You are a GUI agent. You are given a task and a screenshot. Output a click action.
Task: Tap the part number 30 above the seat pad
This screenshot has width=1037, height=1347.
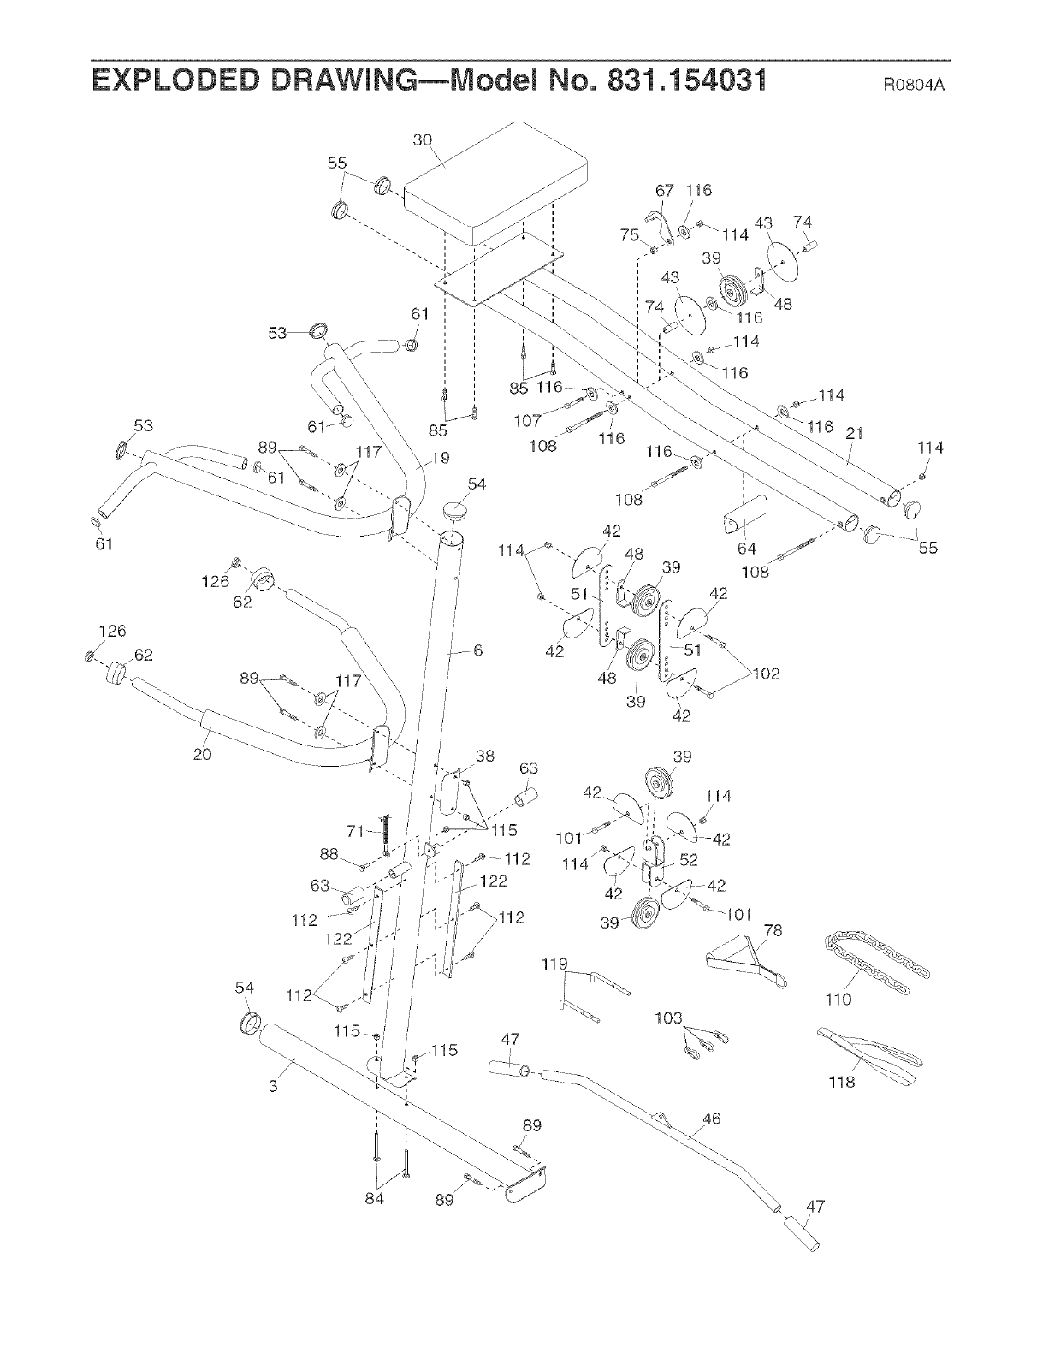[423, 140]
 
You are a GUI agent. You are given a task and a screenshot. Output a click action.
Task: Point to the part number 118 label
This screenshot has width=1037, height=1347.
[842, 1083]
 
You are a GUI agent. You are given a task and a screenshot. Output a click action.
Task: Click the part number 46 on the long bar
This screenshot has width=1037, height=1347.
[711, 1119]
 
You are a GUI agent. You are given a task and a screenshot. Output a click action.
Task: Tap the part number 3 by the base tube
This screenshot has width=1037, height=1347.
[273, 1087]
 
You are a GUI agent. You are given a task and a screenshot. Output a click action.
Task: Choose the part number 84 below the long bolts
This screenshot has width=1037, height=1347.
[374, 1199]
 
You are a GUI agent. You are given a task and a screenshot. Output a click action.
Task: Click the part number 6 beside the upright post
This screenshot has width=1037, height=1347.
[477, 650]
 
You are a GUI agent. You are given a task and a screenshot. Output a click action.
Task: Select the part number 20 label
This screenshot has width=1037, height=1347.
[203, 754]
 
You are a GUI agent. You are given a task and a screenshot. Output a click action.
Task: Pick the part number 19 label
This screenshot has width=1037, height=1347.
[440, 458]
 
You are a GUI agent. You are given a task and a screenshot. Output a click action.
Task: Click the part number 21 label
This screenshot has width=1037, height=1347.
[854, 435]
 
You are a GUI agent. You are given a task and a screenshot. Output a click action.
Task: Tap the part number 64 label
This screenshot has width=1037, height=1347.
[748, 549]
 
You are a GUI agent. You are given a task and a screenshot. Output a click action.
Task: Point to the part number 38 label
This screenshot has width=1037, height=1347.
[484, 757]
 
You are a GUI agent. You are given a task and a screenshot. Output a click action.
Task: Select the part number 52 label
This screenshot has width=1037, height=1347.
[688, 860]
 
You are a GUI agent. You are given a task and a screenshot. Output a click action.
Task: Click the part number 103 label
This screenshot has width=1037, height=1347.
[668, 1018]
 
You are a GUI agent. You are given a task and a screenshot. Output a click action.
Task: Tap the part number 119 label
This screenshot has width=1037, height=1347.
[554, 964]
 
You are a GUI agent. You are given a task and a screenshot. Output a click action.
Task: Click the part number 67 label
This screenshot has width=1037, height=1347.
[665, 190]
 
